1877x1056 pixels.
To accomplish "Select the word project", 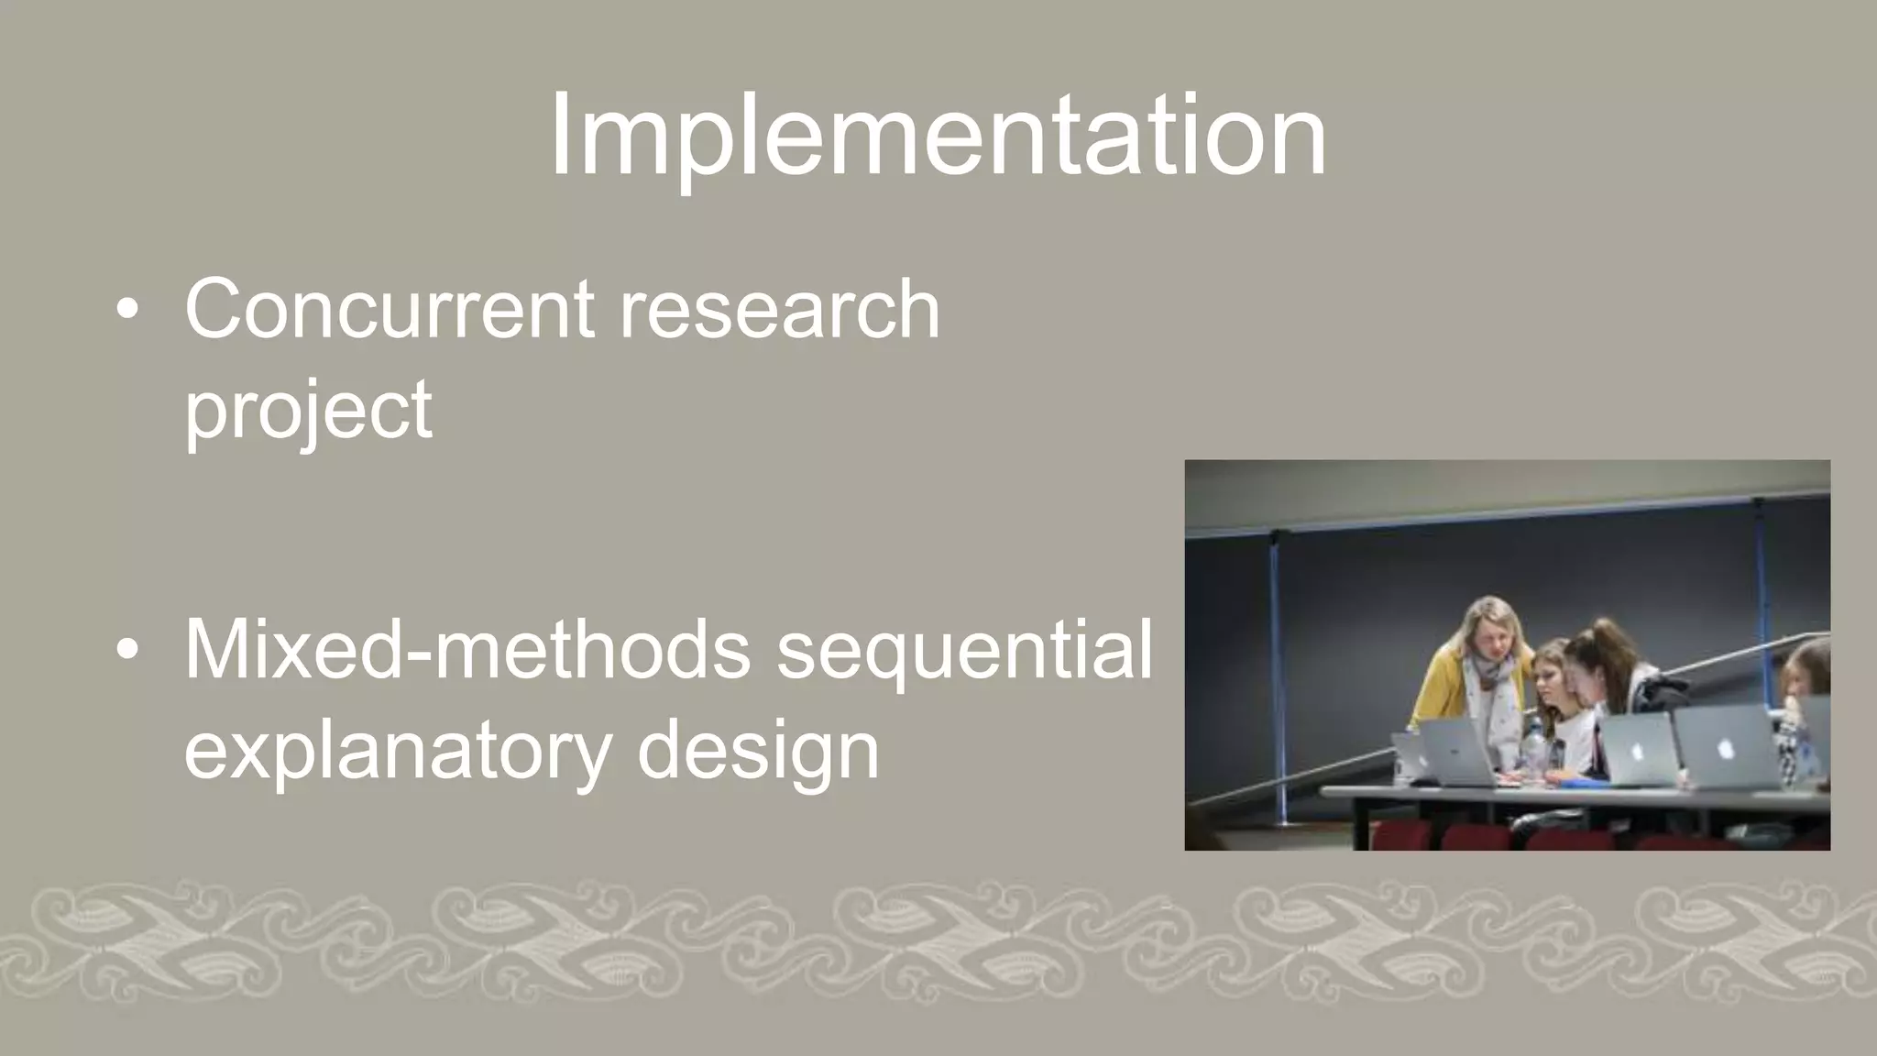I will pyautogui.click(x=308, y=411).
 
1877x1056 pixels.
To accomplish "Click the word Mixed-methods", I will pyautogui.click(x=467, y=651).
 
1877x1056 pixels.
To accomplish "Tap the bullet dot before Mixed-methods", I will pyautogui.click(x=127, y=650).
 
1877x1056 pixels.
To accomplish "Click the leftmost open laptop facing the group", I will pyautogui.click(x=1457, y=752).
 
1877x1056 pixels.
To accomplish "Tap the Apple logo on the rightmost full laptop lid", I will pyautogui.click(x=1725, y=748).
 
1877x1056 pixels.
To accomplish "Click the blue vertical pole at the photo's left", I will pyautogui.click(x=1276, y=669).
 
